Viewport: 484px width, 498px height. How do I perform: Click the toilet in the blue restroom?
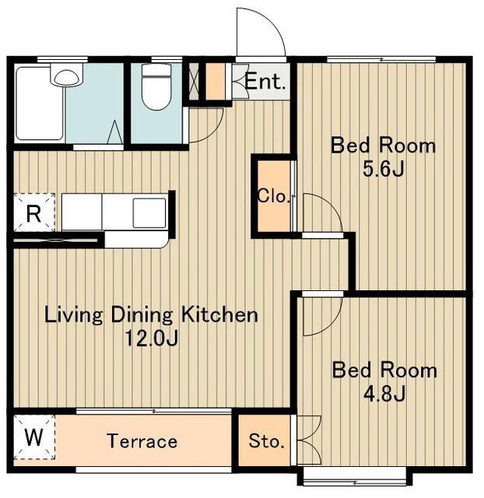click(x=156, y=87)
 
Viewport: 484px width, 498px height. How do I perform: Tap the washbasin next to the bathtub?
click(x=66, y=76)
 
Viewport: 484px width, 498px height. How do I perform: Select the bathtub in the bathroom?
click(x=39, y=103)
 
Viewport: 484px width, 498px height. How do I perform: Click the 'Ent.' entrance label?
click(x=265, y=81)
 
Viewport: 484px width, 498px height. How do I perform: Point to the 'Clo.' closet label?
click(x=273, y=196)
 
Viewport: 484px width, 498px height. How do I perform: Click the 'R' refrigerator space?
click(x=33, y=214)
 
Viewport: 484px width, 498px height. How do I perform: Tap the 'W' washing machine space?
click(x=33, y=437)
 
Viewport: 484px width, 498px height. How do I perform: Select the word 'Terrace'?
click(x=142, y=441)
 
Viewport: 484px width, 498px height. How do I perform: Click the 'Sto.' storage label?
click(x=266, y=441)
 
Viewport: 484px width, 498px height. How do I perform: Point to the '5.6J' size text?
click(x=383, y=169)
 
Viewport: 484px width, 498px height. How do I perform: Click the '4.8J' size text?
click(x=384, y=394)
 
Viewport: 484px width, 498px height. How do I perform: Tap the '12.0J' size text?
click(x=152, y=338)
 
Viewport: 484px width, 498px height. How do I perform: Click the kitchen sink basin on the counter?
click(x=149, y=212)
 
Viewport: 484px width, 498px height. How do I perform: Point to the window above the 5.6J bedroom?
click(x=381, y=59)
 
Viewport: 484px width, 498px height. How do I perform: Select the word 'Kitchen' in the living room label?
click(x=219, y=315)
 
